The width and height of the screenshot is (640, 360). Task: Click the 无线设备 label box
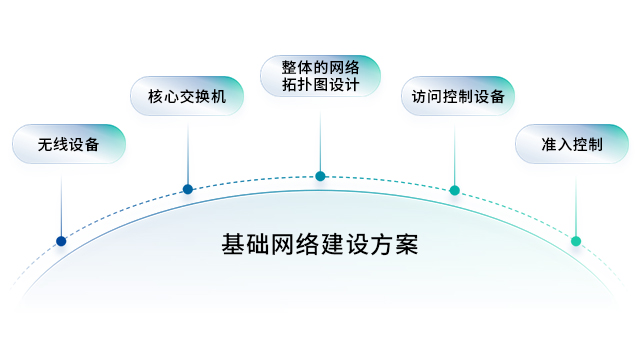[69, 144]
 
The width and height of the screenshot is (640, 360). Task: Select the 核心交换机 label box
[187, 97]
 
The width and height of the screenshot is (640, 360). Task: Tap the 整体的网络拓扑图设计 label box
[320, 76]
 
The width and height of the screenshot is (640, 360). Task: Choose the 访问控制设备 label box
[457, 97]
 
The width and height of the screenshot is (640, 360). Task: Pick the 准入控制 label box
[570, 144]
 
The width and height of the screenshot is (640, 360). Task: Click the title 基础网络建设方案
[320, 244]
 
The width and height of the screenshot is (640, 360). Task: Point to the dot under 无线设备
[61, 241]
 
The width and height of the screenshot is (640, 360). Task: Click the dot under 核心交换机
[188, 188]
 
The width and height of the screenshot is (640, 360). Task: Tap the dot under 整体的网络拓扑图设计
[320, 176]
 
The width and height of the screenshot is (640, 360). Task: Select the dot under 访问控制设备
[455, 189]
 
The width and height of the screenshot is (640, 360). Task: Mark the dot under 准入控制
[576, 241]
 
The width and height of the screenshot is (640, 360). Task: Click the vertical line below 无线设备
[61, 205]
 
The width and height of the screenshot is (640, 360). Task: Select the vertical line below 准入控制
[576, 205]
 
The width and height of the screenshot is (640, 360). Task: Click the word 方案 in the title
[397, 244]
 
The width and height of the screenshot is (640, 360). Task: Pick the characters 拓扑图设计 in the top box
[320, 86]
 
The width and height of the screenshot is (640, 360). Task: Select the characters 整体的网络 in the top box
[320, 66]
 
